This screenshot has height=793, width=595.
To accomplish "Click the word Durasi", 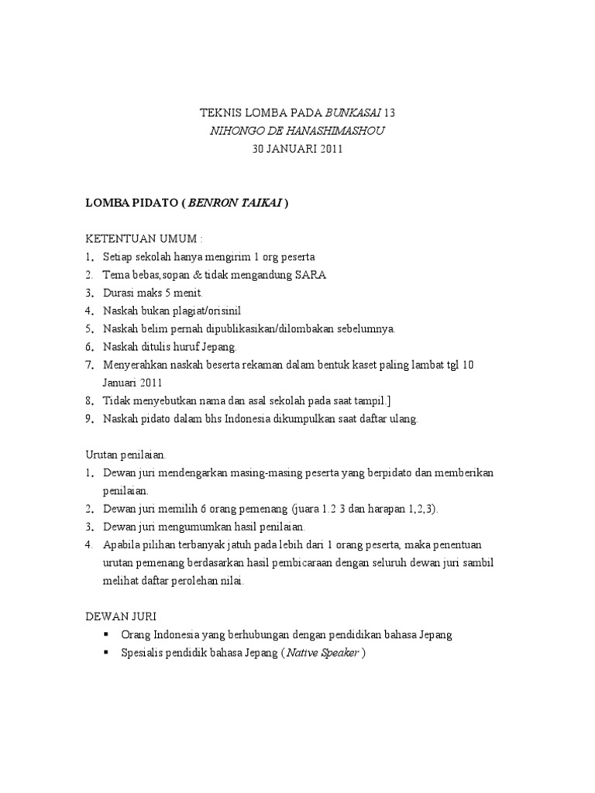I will tap(119, 293).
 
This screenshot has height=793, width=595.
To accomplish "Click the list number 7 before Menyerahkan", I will tap(88, 364).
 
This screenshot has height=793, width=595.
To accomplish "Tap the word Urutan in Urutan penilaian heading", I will tap(101, 455).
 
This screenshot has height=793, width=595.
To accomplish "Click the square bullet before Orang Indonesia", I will tap(106, 634).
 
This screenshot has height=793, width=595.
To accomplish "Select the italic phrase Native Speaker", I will tap(323, 652).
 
